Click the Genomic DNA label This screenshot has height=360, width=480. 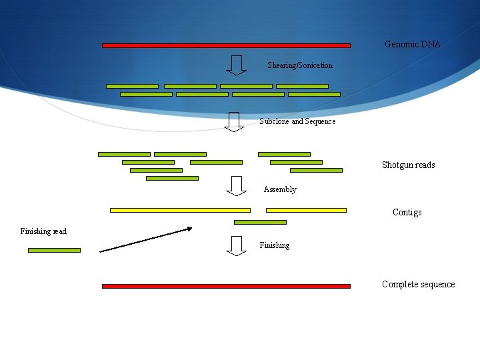(412, 44)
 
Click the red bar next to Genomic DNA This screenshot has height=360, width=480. (226, 45)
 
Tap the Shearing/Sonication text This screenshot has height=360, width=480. (299, 65)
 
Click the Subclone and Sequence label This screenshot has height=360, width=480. (297, 121)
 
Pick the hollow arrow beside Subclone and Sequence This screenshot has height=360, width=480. (233, 121)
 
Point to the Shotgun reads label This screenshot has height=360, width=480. (408, 165)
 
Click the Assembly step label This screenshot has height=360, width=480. (280, 189)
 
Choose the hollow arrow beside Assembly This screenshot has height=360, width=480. (236, 185)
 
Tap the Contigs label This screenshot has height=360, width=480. (407, 212)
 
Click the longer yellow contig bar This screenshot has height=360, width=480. (180, 210)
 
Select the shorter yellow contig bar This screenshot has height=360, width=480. (306, 210)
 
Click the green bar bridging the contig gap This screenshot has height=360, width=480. (260, 222)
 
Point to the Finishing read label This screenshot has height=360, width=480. (43, 231)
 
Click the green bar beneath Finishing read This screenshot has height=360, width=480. (54, 250)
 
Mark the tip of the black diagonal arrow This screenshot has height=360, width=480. (191, 229)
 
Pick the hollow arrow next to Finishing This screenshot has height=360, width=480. (236, 245)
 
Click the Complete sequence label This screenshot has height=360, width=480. (418, 284)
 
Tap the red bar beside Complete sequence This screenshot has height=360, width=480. (226, 286)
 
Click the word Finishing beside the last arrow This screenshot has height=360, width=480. (275, 245)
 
